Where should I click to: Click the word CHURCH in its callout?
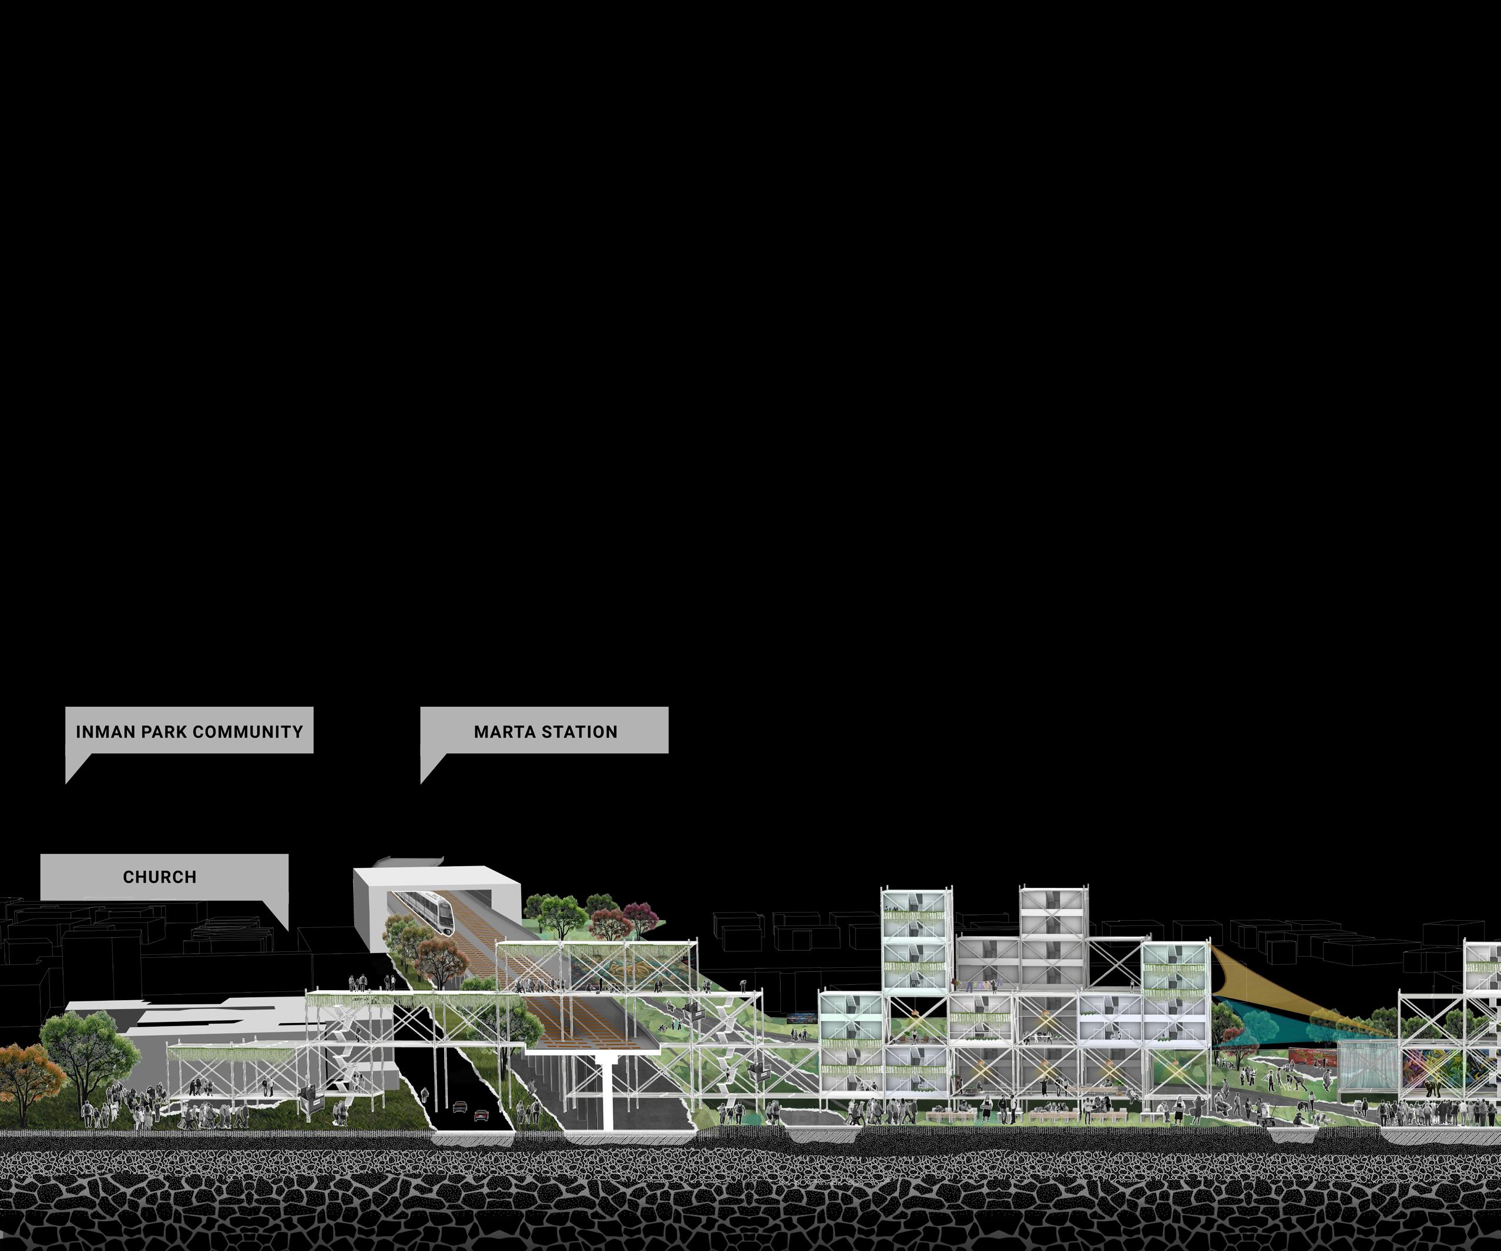click(x=159, y=877)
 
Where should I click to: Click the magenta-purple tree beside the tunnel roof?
click(x=640, y=914)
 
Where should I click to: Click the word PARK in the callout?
click(x=162, y=732)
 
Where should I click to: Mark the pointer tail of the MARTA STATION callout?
click(x=422, y=782)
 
